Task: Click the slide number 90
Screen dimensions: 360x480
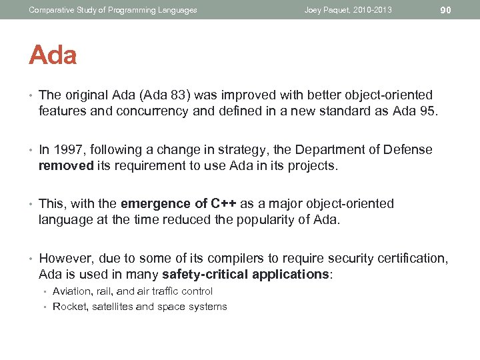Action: pyautogui.click(x=446, y=10)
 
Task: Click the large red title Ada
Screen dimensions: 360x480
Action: pyautogui.click(x=53, y=55)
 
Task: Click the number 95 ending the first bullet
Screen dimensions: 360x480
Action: pyautogui.click(x=429, y=111)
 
